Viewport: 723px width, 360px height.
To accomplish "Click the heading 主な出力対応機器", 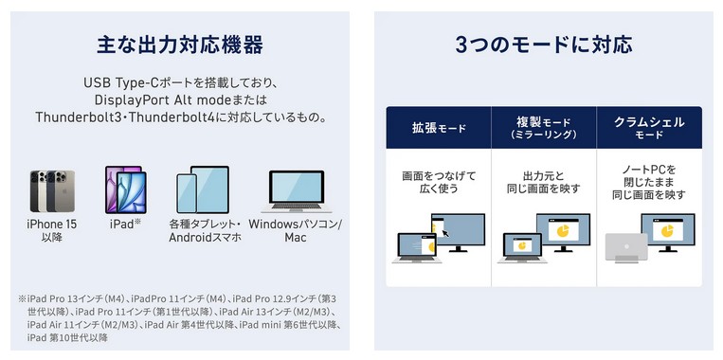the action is pos(180,45).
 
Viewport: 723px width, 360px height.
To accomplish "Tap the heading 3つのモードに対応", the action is pos(544,45).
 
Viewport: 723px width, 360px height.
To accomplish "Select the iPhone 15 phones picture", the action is pos(52,190).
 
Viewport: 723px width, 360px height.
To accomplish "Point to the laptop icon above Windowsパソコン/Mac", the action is pos(297,191).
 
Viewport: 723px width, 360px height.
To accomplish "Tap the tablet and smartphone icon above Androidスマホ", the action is pos(203,189).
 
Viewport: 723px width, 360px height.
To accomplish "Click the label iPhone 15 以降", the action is pos(51,230).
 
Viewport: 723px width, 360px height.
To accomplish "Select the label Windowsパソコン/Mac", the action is pos(296,230).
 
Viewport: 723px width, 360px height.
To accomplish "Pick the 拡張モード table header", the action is pos(439,128).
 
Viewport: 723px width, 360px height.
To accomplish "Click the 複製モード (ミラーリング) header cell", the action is pos(544,128).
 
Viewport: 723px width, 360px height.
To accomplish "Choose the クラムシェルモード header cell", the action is pos(649,128).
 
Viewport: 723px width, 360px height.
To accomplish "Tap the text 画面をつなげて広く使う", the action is pos(439,182).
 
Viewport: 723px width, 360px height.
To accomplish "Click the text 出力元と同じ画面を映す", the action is pos(544,182).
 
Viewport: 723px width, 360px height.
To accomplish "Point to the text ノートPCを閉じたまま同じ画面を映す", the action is pos(649,182).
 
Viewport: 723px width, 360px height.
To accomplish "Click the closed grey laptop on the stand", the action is pos(626,247).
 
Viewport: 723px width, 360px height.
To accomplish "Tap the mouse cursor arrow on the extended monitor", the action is pos(445,232).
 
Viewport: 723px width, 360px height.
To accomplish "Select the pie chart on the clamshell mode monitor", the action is pos(667,230).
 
